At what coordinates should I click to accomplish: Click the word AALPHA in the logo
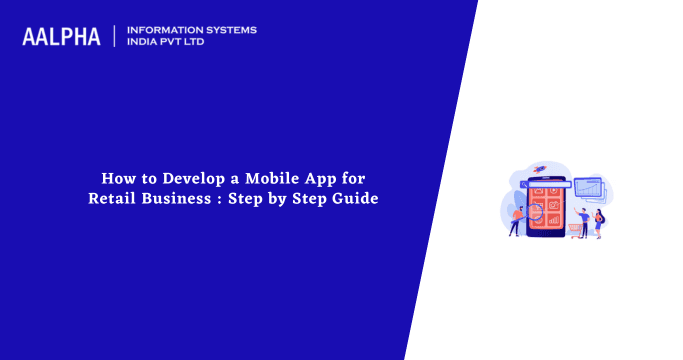tap(61, 37)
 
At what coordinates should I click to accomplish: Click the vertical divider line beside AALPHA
tap(116, 37)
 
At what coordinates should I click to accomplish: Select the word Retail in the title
tap(112, 198)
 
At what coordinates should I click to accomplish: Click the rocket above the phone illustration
tap(541, 168)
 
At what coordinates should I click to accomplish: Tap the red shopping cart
tap(577, 229)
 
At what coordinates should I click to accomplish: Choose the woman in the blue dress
tap(598, 223)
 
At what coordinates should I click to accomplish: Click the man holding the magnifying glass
tap(516, 220)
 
